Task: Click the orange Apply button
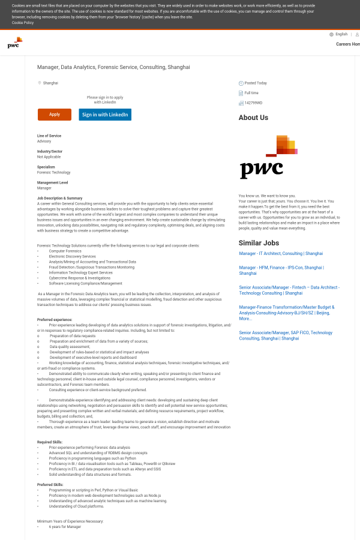[x=55, y=115]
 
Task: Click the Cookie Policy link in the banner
[x=23, y=22]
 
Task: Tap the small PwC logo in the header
[x=15, y=43]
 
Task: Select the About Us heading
[x=253, y=118]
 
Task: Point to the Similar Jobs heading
[x=259, y=243]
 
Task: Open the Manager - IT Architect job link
[x=281, y=254]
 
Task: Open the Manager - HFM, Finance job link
[x=281, y=270]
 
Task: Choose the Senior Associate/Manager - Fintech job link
[x=289, y=290]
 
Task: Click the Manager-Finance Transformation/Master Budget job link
[x=286, y=313]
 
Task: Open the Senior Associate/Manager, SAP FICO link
[x=286, y=335]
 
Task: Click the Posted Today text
[x=256, y=83]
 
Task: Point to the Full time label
[x=251, y=93]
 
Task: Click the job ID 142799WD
[x=253, y=103]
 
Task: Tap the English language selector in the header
[x=341, y=34]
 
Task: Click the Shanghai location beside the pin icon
[x=50, y=83]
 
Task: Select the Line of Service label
[x=49, y=136]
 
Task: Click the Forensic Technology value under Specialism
[x=53, y=172]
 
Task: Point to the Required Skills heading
[x=50, y=442]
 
